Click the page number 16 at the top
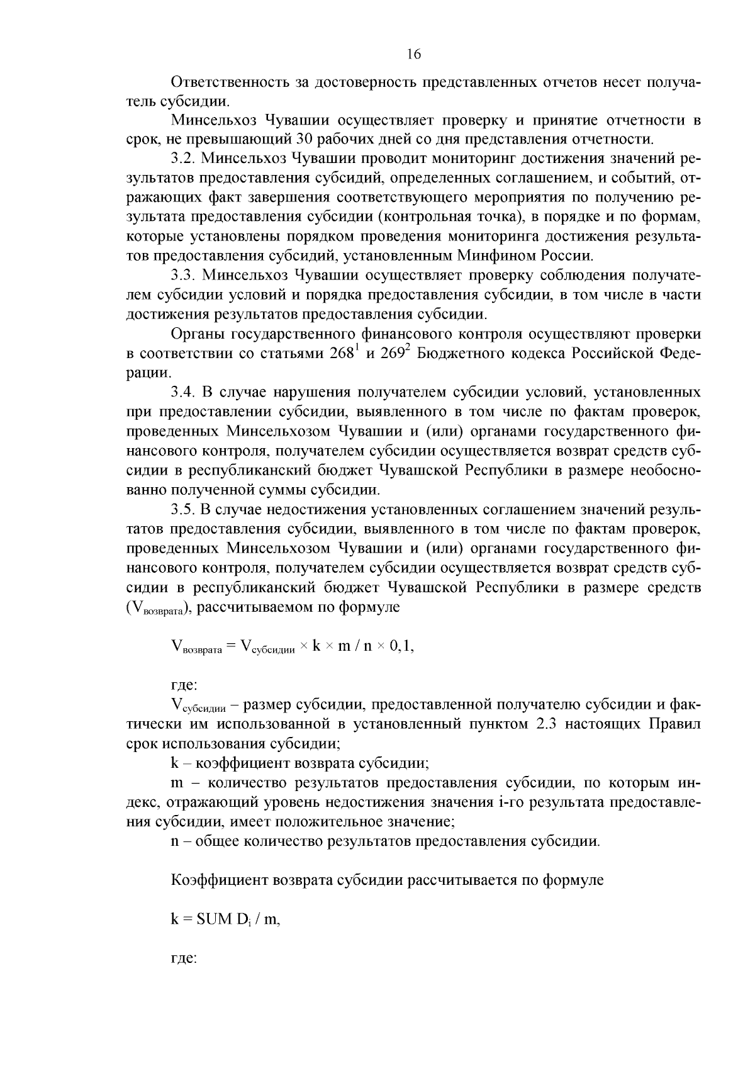tap(413, 54)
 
